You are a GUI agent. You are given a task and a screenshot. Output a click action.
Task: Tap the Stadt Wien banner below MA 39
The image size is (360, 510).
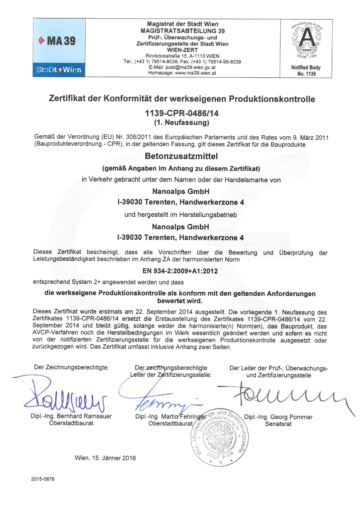click(x=59, y=70)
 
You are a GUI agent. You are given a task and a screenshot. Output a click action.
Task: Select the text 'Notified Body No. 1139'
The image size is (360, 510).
click(x=306, y=70)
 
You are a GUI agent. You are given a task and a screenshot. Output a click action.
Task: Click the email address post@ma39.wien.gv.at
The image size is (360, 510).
click(x=190, y=67)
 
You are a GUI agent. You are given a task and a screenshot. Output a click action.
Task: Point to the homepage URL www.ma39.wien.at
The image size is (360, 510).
click(x=195, y=73)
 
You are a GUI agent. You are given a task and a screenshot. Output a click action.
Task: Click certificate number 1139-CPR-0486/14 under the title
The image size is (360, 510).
click(x=182, y=113)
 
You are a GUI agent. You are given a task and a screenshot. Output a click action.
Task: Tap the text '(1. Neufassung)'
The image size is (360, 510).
click(x=181, y=123)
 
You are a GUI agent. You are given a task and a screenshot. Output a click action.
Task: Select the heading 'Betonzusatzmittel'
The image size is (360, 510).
click(x=181, y=156)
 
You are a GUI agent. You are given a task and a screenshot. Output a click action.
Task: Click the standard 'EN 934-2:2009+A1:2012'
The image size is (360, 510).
click(x=180, y=271)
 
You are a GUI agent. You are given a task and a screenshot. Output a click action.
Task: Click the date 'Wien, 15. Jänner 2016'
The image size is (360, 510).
click(x=105, y=458)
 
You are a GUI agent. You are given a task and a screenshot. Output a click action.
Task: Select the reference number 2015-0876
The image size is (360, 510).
click(x=43, y=479)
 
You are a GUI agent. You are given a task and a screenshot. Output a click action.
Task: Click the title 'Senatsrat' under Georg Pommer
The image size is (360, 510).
click(x=278, y=424)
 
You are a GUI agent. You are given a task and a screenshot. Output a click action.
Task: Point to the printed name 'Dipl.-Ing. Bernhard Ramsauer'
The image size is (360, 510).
click(x=71, y=416)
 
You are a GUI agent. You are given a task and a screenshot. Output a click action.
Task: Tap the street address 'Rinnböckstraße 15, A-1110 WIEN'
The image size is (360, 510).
click(x=182, y=56)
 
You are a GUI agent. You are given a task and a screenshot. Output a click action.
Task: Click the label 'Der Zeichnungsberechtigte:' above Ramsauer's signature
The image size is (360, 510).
click(x=71, y=367)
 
